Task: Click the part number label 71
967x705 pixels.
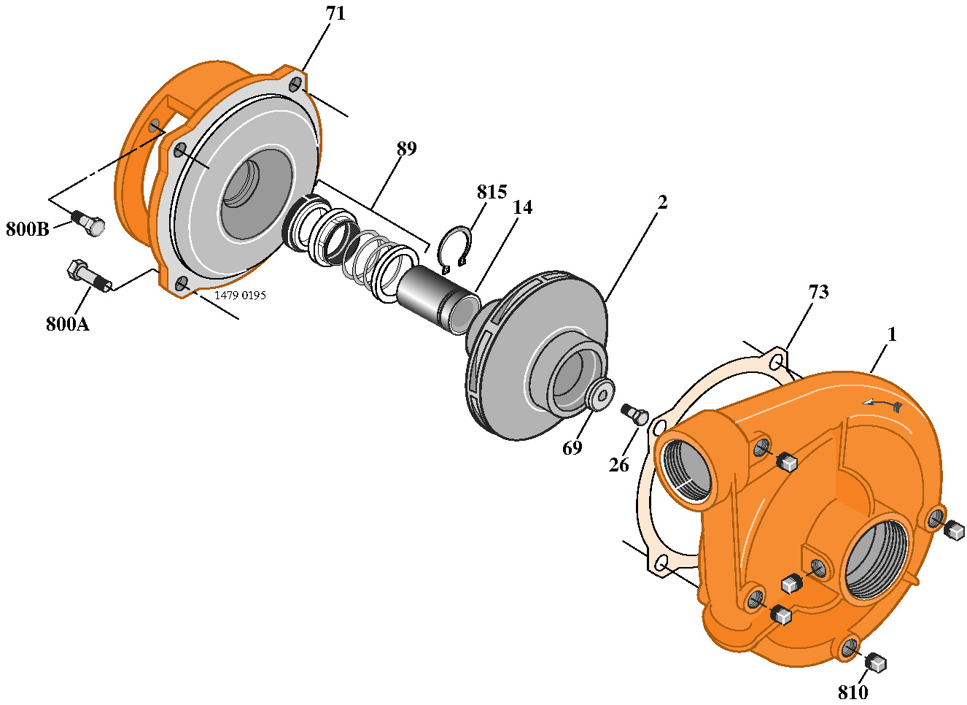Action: click(x=335, y=14)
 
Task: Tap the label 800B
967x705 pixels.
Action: click(x=28, y=229)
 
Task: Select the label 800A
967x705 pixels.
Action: click(x=67, y=324)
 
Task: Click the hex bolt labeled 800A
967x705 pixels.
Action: click(x=88, y=277)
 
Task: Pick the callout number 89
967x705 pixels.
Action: click(x=406, y=149)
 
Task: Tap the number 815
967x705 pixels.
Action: click(x=492, y=192)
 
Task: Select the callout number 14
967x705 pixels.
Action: click(x=522, y=208)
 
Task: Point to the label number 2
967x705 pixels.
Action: click(x=662, y=202)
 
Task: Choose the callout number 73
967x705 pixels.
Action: click(x=818, y=292)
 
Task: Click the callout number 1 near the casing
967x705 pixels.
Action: click(x=891, y=334)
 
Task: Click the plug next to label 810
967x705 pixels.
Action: click(x=876, y=662)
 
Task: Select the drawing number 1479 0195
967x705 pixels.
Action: click(x=240, y=296)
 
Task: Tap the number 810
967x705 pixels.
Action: click(x=853, y=692)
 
